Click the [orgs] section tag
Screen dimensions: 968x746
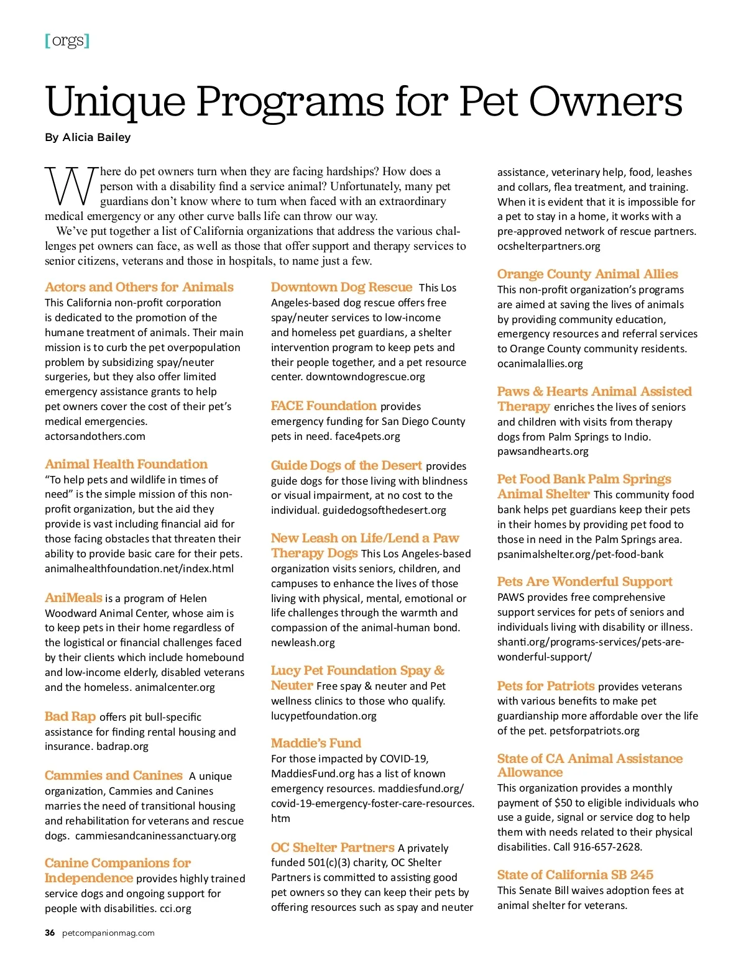click(x=67, y=41)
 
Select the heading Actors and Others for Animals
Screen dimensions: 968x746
click(x=139, y=287)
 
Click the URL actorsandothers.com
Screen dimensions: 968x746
click(x=95, y=436)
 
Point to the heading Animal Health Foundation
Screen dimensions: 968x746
click(x=126, y=464)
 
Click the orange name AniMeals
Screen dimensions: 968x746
click(x=73, y=598)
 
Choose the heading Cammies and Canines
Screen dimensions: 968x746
click(x=114, y=775)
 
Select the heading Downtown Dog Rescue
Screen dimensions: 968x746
click(x=341, y=287)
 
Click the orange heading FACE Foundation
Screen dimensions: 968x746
click(x=324, y=406)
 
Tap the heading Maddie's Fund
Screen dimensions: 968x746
click(x=316, y=743)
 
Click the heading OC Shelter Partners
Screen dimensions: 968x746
click(x=333, y=847)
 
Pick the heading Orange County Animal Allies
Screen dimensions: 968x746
click(x=587, y=274)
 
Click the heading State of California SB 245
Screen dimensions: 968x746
click(x=575, y=875)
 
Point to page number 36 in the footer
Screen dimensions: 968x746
click(x=50, y=933)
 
